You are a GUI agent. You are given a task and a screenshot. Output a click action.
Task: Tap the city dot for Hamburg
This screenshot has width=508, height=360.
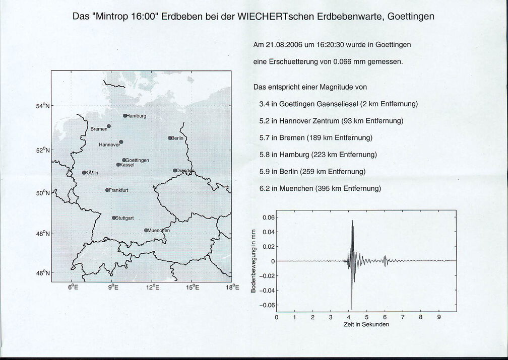click(125, 116)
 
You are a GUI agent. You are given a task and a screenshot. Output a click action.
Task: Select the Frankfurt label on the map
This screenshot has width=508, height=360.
click(118, 190)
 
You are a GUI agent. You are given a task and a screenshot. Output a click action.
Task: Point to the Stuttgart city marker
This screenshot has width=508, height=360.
click(114, 218)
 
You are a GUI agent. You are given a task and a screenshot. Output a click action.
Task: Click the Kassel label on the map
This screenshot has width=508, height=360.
click(126, 165)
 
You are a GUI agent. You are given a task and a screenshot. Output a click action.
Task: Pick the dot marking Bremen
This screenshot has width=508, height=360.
click(109, 126)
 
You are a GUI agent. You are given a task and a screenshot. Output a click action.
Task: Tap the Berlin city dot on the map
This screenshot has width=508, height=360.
click(170, 138)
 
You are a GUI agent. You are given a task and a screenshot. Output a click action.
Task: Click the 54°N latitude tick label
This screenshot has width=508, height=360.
click(43, 106)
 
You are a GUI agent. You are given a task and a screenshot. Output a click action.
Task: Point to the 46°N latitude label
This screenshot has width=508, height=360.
click(43, 273)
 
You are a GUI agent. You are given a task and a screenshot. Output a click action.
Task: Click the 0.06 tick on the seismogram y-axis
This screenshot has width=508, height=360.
click(267, 217)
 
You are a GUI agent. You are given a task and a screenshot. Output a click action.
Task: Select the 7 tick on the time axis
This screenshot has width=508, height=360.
click(403, 317)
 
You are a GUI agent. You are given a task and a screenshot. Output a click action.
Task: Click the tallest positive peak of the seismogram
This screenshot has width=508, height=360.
click(352, 221)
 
